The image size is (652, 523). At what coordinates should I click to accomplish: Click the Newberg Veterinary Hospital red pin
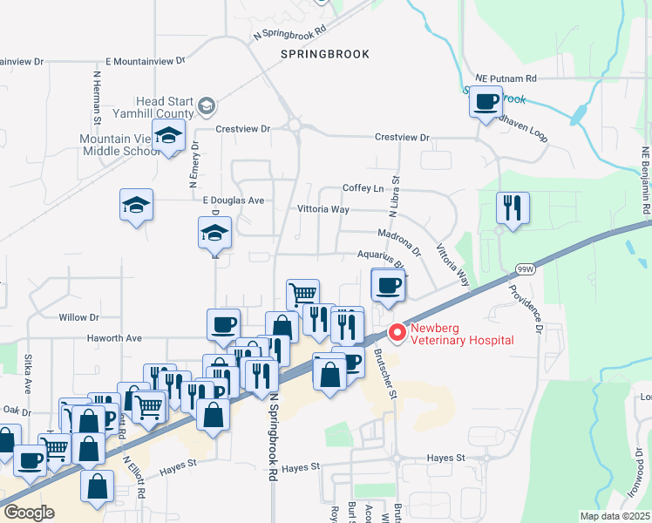397,333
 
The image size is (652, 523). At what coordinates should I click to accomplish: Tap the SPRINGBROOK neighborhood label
325,54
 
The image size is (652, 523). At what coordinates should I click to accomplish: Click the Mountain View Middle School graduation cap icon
168,135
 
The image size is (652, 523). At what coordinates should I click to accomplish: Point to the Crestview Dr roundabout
294,126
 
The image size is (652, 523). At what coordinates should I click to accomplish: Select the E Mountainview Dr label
146,62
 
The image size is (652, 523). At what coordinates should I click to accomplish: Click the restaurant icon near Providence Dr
512,207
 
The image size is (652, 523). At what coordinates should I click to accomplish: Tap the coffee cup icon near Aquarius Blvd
388,283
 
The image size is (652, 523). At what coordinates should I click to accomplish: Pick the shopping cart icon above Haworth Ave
302,294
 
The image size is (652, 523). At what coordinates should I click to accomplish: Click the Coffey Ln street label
363,188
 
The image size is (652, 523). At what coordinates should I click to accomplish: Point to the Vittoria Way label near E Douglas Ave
323,210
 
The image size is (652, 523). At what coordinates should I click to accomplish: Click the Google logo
29,513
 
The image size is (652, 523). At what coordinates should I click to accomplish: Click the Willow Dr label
78,317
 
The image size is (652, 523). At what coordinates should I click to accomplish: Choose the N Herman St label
98,96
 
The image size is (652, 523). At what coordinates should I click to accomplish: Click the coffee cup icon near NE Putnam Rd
486,102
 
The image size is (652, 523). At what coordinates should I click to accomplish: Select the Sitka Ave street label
28,372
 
